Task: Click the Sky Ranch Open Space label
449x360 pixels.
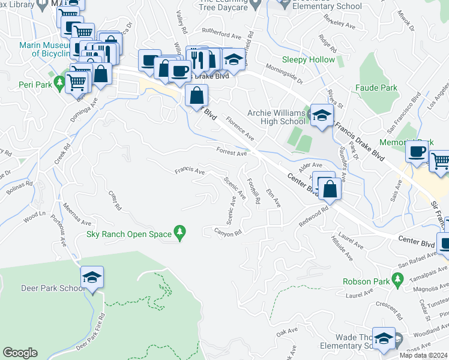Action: [129, 234]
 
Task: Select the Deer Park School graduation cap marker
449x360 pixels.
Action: [92, 278]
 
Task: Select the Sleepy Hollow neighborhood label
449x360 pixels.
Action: [309, 60]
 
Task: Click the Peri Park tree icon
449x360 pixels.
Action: [59, 82]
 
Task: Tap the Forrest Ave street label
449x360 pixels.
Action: [232, 153]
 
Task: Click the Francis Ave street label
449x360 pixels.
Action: [189, 170]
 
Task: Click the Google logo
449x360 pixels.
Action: [20, 353]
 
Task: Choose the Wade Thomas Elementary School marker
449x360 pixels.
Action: [384, 338]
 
